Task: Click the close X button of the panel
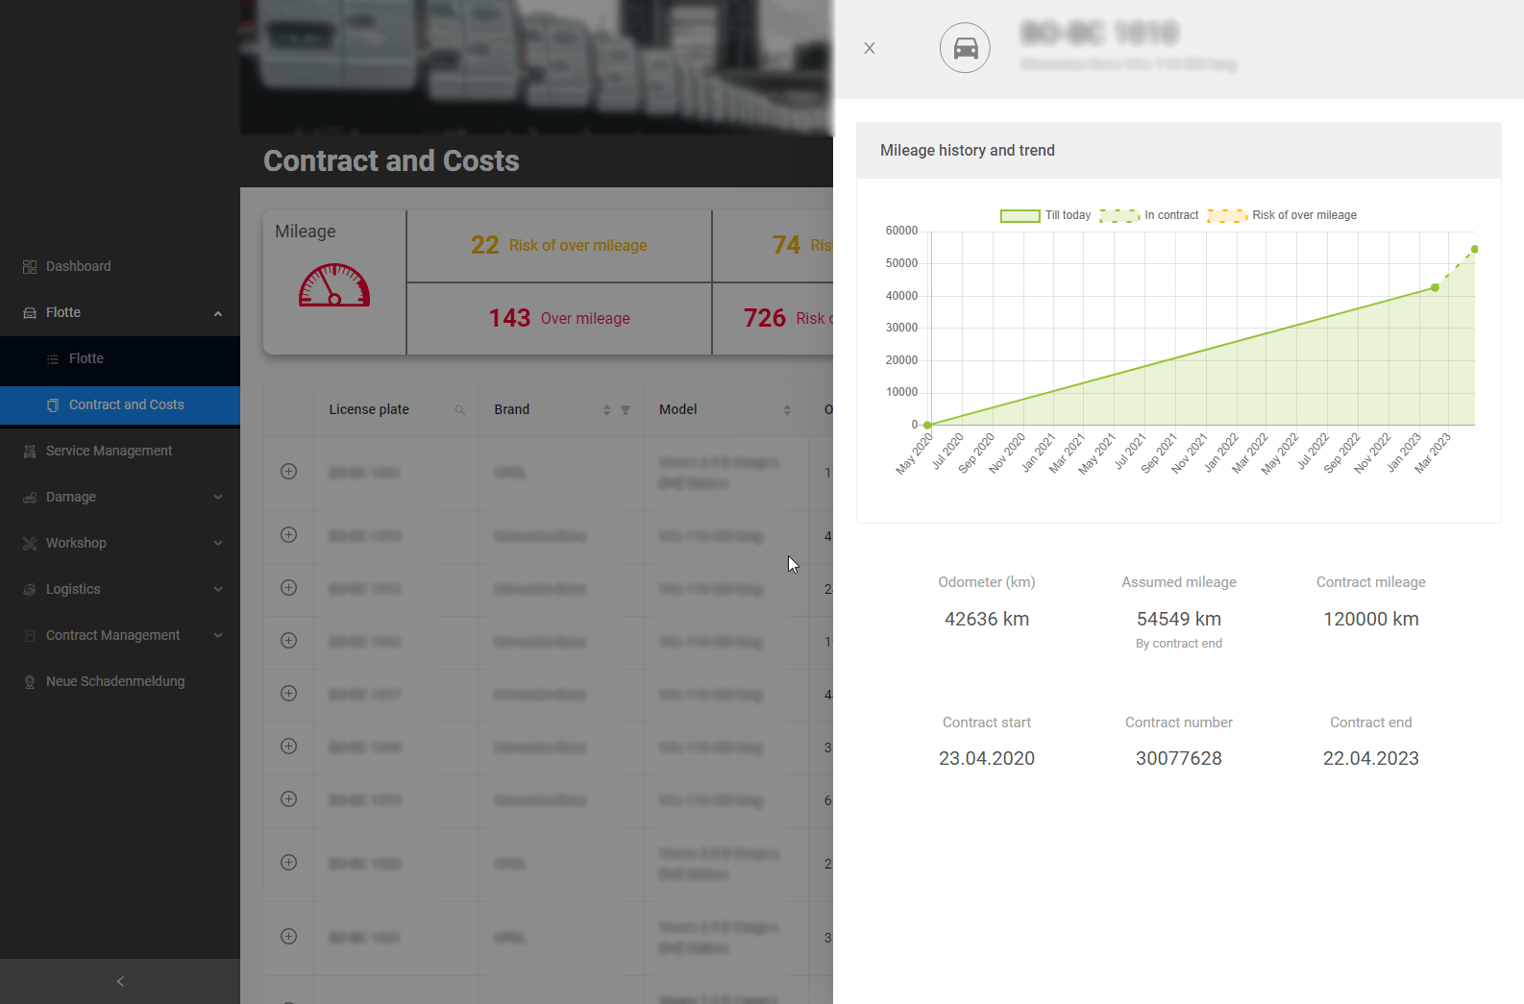click(870, 48)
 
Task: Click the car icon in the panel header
click(965, 48)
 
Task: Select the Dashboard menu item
click(78, 266)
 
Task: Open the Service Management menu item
click(109, 451)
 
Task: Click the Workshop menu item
click(76, 543)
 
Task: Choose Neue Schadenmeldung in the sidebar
click(114, 681)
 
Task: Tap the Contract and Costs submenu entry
click(126, 404)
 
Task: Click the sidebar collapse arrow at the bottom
click(120, 981)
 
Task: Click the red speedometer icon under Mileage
click(334, 285)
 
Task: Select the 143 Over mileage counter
click(559, 318)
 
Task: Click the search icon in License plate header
click(460, 410)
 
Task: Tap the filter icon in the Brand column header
click(626, 410)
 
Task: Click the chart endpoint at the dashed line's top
click(1474, 250)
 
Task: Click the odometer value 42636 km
click(986, 619)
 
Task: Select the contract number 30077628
click(1178, 758)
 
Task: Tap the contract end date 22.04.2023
click(1370, 758)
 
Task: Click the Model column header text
click(677, 409)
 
